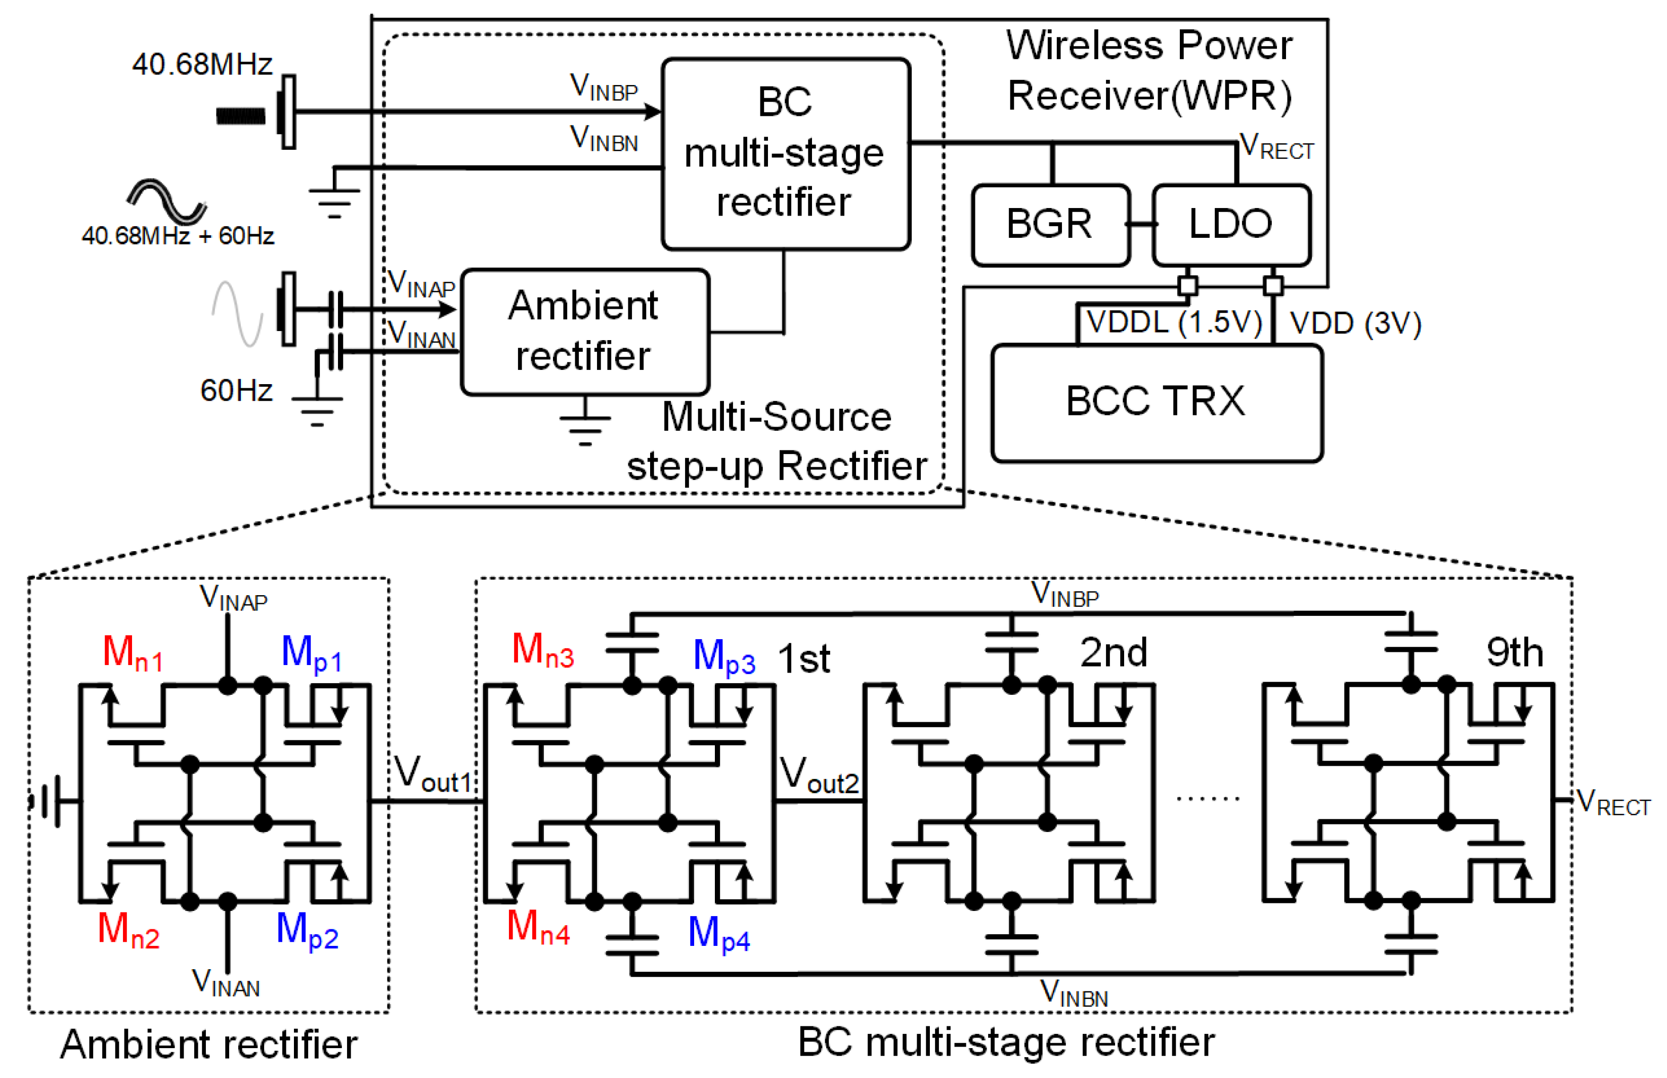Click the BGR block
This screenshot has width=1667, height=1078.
(x=1049, y=224)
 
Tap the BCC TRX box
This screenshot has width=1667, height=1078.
(x=1156, y=402)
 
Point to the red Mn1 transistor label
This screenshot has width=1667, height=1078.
(x=132, y=653)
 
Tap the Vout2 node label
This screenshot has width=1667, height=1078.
(x=819, y=775)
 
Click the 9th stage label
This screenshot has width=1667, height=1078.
(x=1514, y=653)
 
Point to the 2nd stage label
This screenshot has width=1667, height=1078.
(x=1113, y=653)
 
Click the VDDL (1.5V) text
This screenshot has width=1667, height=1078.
(x=1174, y=323)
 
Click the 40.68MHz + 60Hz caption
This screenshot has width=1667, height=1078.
(x=178, y=236)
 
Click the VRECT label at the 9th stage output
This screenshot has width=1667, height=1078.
(x=1612, y=802)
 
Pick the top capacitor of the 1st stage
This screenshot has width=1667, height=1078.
(x=632, y=643)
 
